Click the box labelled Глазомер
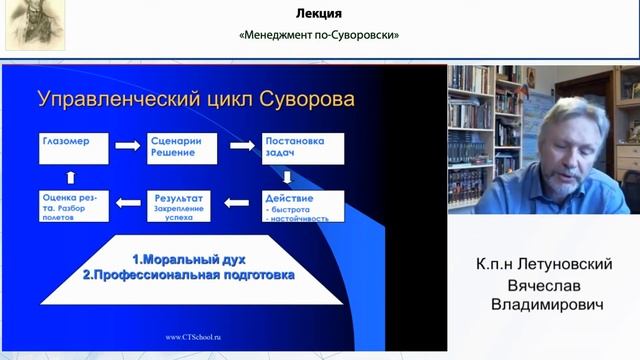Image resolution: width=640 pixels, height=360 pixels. tap(72, 146)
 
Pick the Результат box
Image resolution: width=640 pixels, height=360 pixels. tap(186, 205)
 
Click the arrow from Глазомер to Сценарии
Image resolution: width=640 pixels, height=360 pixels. tap(127, 146)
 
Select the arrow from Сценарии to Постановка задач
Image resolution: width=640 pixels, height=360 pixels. tap(243, 146)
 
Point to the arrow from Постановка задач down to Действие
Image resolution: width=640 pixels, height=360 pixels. tap(287, 177)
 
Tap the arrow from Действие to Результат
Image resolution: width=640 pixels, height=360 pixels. tap(236, 204)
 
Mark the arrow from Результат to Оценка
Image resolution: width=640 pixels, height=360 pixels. tap(128, 204)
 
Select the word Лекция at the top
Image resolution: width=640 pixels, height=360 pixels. tap(320, 14)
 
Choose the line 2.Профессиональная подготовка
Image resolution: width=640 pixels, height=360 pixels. tap(188, 272)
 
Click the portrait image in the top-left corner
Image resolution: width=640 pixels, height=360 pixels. tap(35, 25)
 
